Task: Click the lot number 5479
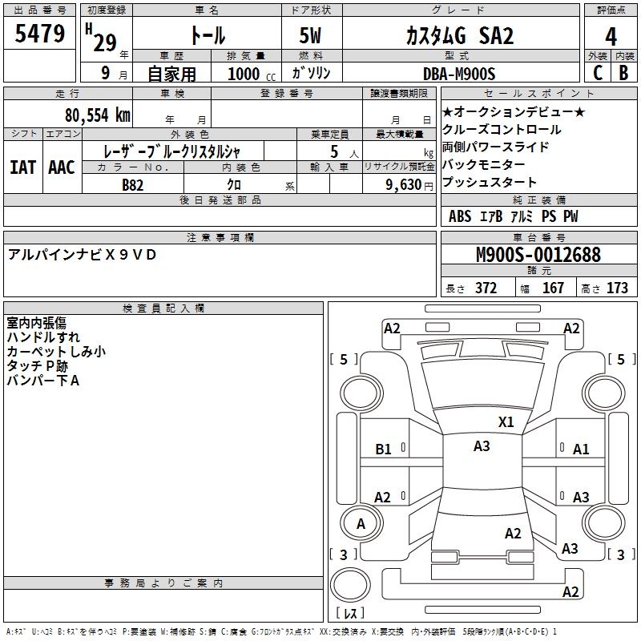(39, 34)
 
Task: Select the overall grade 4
(611, 37)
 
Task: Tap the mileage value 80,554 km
(98, 115)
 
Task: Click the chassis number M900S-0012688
(538, 255)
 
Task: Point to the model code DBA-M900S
(459, 74)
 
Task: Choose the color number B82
(133, 185)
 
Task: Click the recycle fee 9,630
(404, 184)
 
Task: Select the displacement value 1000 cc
(252, 74)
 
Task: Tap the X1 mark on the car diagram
(506, 422)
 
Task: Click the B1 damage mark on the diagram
(383, 450)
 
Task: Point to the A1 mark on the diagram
(581, 450)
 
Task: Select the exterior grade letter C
(598, 73)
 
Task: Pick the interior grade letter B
(623, 73)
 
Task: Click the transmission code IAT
(22, 167)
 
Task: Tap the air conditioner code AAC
(62, 167)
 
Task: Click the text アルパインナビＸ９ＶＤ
(82, 255)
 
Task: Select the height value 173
(617, 288)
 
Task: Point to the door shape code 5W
(310, 35)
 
